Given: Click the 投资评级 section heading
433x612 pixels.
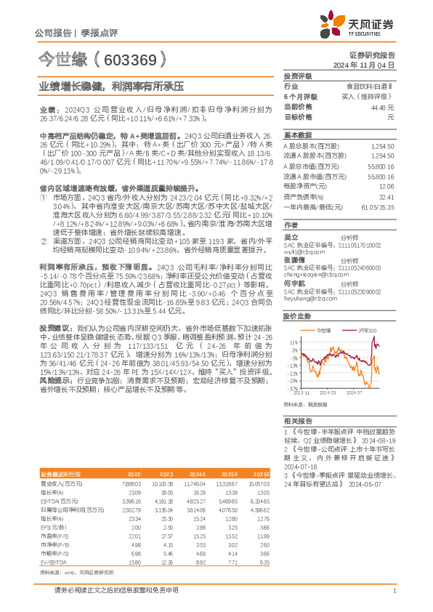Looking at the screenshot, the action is tap(297, 76).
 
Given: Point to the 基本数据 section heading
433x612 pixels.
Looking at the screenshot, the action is tap(297, 135).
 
